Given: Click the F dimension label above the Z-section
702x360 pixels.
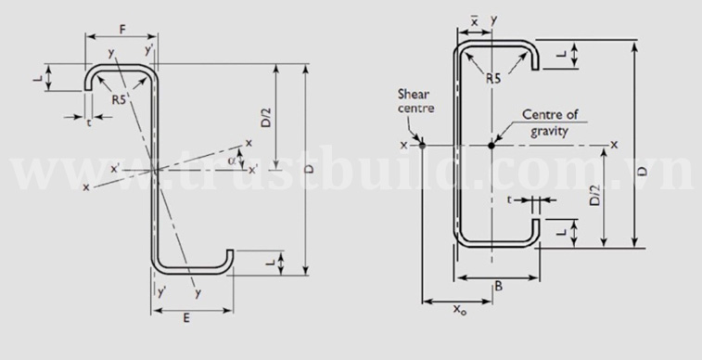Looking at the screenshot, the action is pyautogui.click(x=121, y=30).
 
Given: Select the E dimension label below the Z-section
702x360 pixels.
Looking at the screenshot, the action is pyautogui.click(x=186, y=318).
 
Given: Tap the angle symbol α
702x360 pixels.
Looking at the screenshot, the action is pyautogui.click(x=232, y=161).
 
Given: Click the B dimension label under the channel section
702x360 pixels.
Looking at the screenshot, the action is pyautogui.click(x=498, y=287).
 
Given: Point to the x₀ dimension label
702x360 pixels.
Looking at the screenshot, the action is pyautogui.click(x=459, y=309).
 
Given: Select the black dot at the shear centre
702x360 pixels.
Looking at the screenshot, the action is pyautogui.click(x=422, y=145).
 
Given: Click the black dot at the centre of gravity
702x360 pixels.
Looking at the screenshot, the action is pyautogui.click(x=491, y=145).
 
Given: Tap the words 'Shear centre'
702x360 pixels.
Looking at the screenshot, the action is pyautogui.click(x=416, y=101).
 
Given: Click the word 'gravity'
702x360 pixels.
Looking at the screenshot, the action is pyautogui.click(x=549, y=131).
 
